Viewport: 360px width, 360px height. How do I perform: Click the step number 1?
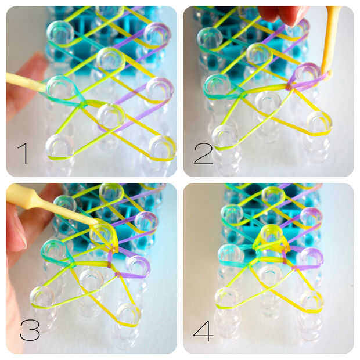[x=24, y=153]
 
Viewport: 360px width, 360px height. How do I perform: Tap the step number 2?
[x=203, y=154]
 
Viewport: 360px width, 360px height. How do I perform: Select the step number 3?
[x=30, y=330]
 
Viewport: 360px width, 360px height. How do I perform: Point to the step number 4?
[x=203, y=331]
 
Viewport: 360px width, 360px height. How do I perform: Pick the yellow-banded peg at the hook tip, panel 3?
[x=102, y=233]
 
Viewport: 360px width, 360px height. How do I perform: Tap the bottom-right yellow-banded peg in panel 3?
[x=128, y=315]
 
